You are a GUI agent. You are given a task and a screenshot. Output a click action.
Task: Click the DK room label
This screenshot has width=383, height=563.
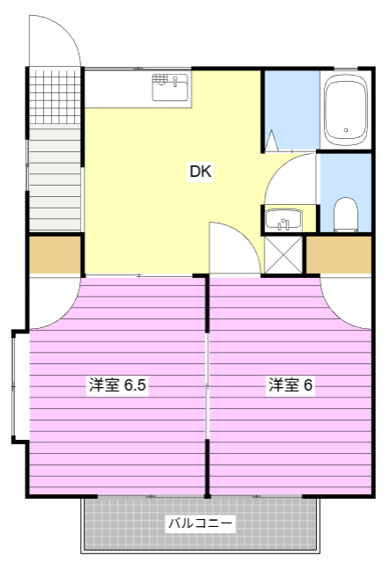pos(201,172)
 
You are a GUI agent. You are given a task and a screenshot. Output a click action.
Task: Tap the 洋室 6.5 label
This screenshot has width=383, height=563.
pos(116,385)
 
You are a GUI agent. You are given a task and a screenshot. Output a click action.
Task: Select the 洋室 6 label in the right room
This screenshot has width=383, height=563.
pos(291,385)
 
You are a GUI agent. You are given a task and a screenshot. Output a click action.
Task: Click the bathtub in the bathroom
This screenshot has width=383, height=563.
pos(345,110)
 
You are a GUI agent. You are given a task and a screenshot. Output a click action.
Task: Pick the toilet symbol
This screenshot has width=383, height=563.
pos(346,214)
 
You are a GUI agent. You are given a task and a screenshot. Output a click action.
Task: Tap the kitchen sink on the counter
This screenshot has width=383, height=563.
pos(171,88)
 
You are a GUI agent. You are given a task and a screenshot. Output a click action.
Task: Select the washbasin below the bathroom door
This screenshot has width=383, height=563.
pos(283,219)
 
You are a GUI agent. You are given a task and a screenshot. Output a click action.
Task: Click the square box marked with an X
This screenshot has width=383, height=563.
pos(283,254)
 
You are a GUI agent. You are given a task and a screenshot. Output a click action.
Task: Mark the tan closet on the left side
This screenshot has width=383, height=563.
pos(55,255)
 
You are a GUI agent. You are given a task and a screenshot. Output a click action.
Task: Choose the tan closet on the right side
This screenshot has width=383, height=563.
pos(339,255)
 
